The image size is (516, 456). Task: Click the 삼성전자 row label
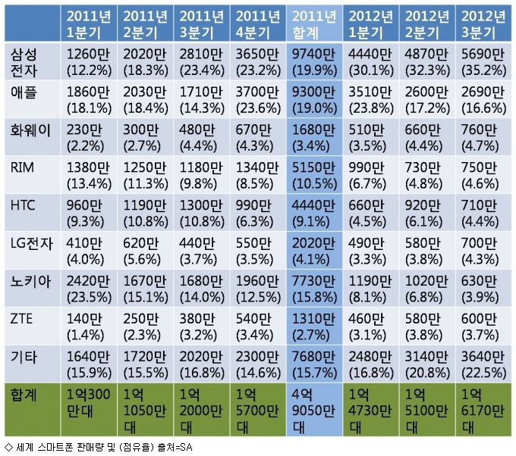pyautogui.click(x=30, y=61)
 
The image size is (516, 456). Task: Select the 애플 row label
pyautogui.click(x=30, y=98)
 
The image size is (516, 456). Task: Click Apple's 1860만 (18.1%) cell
pyautogui.click(x=90, y=98)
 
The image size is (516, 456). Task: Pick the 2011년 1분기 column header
pyautogui.click(x=90, y=23)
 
